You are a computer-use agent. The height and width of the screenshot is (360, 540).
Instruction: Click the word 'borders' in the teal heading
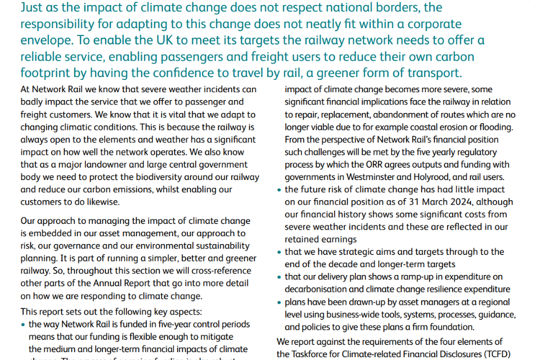[x=407, y=8]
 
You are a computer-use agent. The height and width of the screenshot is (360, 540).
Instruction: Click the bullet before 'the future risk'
[x=279, y=190]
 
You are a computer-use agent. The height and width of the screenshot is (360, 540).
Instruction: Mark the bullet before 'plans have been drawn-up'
[x=279, y=302]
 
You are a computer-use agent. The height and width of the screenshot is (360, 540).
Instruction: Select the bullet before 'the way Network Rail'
[x=23, y=325]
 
